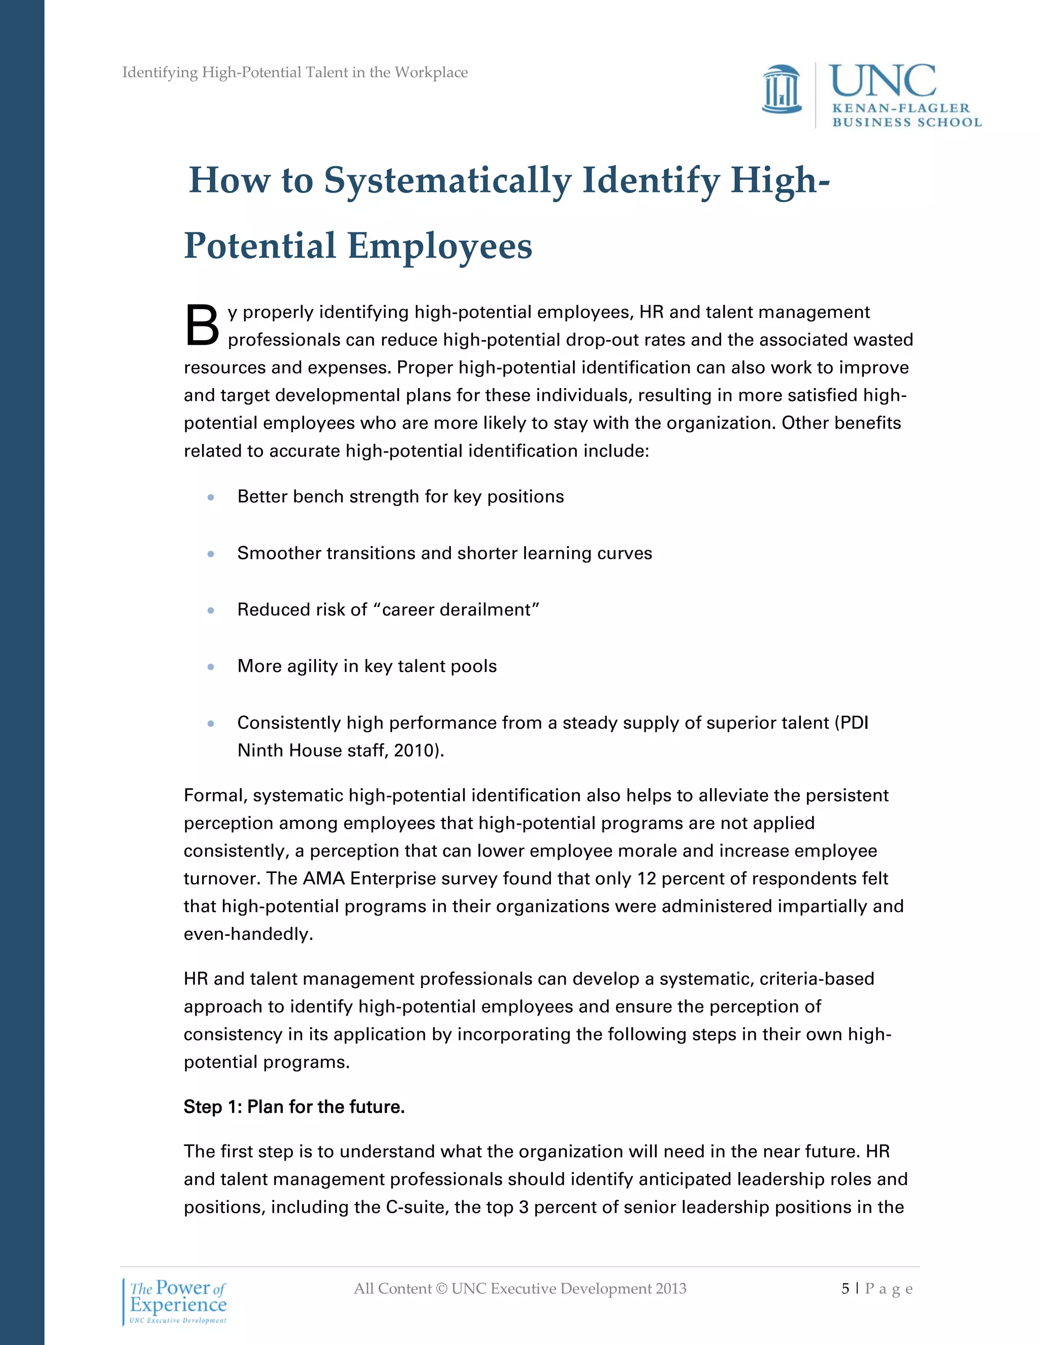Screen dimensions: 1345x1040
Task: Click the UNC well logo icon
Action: click(782, 90)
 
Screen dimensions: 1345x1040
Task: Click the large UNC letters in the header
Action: click(882, 81)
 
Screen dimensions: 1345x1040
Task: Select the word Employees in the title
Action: click(439, 246)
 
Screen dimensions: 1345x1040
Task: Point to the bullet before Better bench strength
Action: click(211, 497)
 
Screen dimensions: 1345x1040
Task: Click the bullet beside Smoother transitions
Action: click(211, 554)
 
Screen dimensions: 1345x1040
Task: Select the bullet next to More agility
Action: click(211, 666)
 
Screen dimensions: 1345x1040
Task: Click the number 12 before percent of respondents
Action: click(646, 878)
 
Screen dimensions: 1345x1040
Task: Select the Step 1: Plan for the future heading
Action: click(294, 1106)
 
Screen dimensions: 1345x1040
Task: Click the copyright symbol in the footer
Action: click(441, 1288)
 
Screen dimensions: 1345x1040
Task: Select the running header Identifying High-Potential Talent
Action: click(295, 73)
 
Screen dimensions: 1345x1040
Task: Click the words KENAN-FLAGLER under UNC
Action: click(901, 109)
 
